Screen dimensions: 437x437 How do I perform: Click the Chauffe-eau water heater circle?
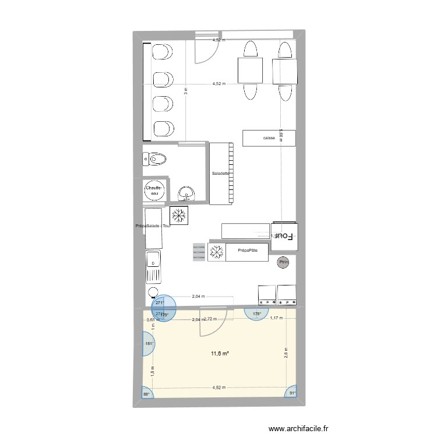point(154,191)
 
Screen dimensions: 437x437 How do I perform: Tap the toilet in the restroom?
point(156,158)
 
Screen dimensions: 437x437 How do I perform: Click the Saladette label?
point(221,174)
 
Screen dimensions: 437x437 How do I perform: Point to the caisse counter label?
point(269,138)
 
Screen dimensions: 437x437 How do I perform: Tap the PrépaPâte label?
point(248,251)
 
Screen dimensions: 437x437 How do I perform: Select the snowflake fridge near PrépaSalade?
point(178,214)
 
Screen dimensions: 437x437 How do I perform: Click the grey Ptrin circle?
point(284,262)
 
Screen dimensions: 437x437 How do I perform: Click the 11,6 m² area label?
point(219,354)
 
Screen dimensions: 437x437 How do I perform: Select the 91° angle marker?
point(292,393)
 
